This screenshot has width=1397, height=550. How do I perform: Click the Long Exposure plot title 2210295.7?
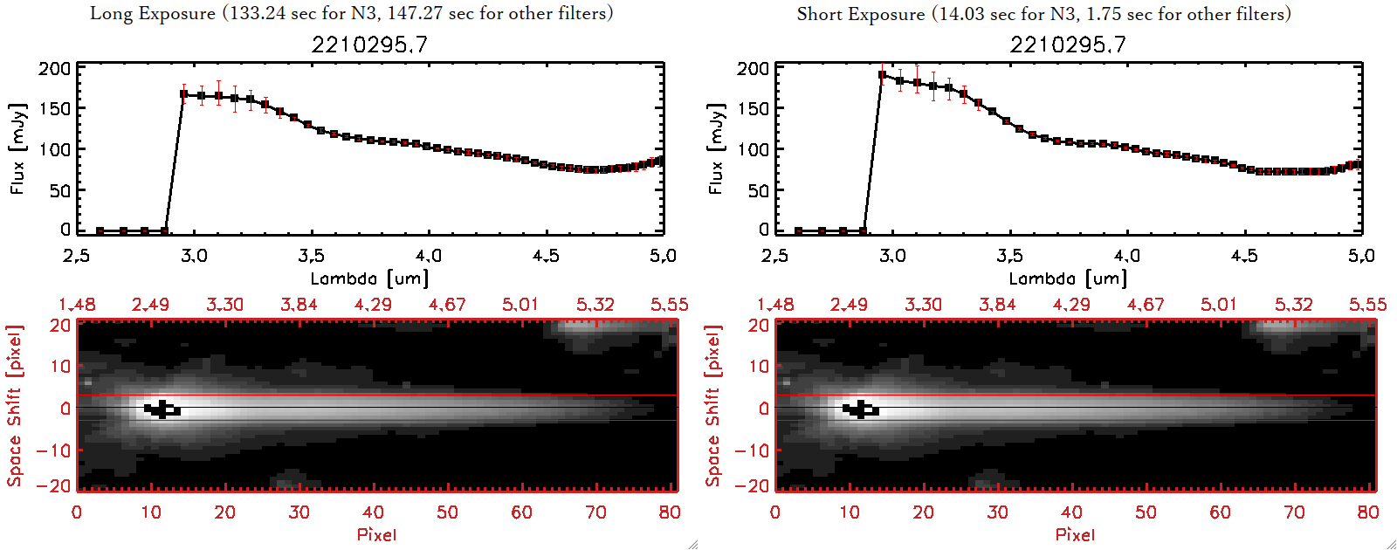369,45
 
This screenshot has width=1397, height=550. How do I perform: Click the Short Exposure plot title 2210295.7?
1068,45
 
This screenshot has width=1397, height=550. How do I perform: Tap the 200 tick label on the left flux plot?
54,68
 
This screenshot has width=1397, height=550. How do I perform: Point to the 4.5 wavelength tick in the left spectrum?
546,256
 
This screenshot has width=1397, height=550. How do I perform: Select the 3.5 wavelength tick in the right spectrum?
1009,256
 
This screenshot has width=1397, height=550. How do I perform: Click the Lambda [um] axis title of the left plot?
369,278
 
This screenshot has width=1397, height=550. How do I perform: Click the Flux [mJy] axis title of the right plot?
716,148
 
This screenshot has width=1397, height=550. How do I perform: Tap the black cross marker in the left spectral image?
162,409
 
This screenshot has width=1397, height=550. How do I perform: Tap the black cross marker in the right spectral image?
861,409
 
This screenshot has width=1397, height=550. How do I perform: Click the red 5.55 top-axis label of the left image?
669,305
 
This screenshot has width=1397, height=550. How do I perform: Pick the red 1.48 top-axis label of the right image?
775,305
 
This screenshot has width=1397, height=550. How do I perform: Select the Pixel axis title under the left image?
376,534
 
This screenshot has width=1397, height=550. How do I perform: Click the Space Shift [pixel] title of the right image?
713,406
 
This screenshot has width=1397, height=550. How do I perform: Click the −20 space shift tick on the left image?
54,485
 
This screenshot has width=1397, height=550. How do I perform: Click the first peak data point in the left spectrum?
183,94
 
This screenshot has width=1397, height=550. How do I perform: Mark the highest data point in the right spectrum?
882,75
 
